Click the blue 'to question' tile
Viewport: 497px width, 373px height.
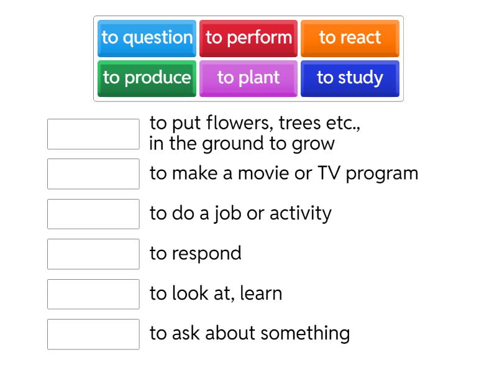(147, 38)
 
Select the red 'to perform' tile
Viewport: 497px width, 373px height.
(248, 38)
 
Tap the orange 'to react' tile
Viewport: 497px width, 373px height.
(350, 38)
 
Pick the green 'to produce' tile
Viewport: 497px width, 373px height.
(147, 78)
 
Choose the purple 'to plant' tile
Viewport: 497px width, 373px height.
(248, 78)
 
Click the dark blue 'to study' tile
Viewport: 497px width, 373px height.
(350, 78)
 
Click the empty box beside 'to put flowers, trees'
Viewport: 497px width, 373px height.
(93, 134)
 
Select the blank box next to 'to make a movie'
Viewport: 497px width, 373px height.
(93, 174)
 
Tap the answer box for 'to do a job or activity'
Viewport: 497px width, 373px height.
(93, 214)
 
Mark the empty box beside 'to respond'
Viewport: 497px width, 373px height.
(93, 254)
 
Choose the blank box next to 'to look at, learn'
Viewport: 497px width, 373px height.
(93, 294)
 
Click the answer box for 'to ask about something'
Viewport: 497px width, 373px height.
(93, 334)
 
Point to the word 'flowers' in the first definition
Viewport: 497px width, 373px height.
(239, 123)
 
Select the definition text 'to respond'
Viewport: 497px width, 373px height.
(196, 254)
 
